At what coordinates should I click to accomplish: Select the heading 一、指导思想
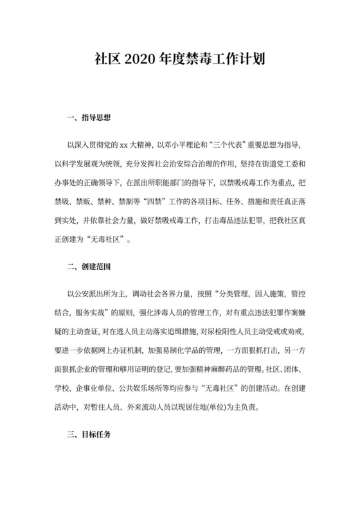89,118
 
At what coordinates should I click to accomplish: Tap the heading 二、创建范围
89,265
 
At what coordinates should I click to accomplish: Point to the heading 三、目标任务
89,435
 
